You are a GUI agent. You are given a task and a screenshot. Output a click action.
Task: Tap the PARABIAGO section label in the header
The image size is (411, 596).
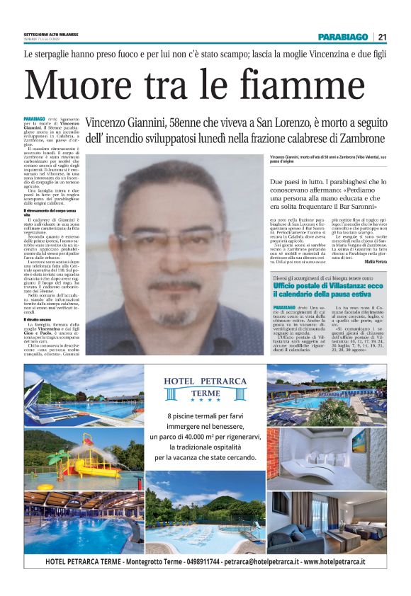click(343, 37)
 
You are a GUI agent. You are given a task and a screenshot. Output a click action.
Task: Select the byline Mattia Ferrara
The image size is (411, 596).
click(375, 261)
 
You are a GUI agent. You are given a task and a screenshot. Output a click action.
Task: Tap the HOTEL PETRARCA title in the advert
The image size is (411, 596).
click(205, 381)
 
